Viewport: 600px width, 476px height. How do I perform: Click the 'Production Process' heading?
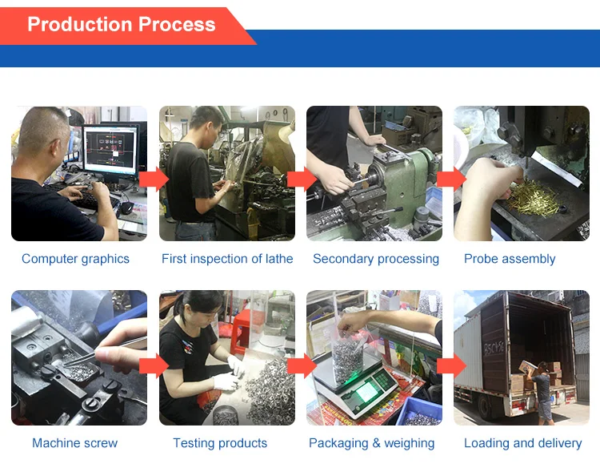(x=121, y=24)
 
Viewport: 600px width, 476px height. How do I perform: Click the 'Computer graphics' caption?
(x=75, y=259)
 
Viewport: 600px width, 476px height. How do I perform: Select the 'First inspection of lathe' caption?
(x=227, y=259)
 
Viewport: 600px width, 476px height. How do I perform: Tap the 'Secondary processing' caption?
(x=376, y=259)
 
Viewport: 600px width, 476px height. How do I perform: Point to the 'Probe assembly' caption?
(x=510, y=259)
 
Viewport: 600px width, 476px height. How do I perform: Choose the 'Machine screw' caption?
(x=75, y=443)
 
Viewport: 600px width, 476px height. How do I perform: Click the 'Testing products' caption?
(x=220, y=443)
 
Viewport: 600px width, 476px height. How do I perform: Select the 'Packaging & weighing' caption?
(x=372, y=443)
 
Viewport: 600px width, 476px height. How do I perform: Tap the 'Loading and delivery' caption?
(x=523, y=443)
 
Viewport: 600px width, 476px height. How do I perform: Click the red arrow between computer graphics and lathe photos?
(x=153, y=178)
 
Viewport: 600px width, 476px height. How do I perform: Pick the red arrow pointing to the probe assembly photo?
(x=450, y=178)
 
